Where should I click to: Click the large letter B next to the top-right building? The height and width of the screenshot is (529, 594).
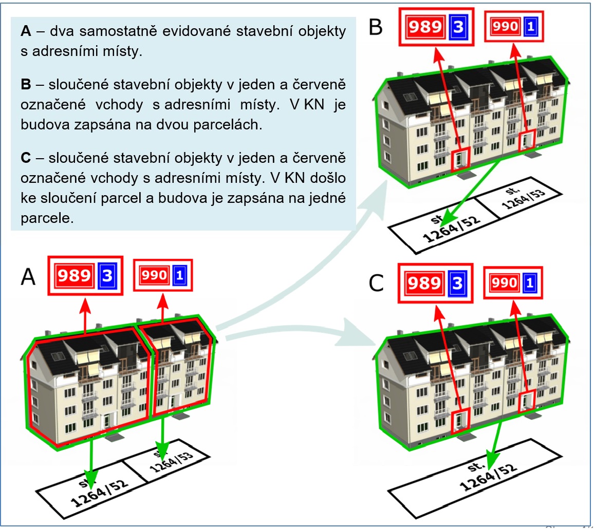coord(376,27)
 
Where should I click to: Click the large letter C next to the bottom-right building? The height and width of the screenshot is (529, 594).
coord(376,282)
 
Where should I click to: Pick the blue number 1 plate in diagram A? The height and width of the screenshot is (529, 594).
coord(179,276)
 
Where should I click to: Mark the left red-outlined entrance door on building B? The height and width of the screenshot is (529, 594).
coord(460,159)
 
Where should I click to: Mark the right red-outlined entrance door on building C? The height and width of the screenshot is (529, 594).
coord(527,400)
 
